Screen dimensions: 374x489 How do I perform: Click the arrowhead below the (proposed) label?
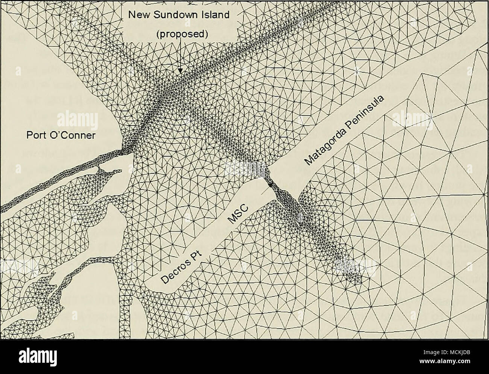click(x=180, y=70)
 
